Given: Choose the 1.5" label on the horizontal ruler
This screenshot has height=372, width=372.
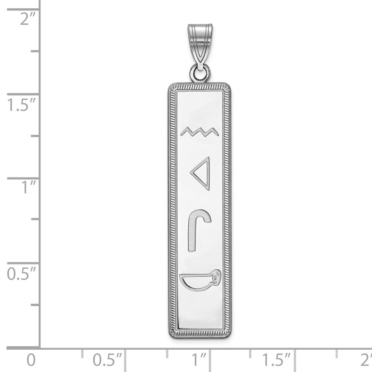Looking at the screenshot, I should point(278,360).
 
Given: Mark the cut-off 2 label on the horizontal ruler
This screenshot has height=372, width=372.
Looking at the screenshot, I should point(367,360).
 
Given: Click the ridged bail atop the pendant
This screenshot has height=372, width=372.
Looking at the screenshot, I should point(199,45).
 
